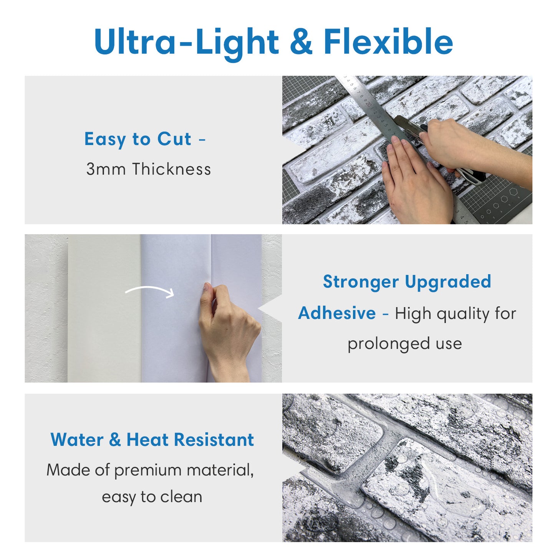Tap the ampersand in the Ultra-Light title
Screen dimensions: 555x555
301,41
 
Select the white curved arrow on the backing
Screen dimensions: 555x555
150,291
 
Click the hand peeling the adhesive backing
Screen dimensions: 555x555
227,326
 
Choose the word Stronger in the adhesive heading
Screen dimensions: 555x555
361,282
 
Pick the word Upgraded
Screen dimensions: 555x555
448,282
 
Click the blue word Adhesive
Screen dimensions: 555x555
337,313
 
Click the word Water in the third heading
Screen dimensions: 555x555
77,439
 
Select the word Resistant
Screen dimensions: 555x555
214,439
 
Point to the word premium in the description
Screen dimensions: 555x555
148,470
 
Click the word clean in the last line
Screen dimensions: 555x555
181,497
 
